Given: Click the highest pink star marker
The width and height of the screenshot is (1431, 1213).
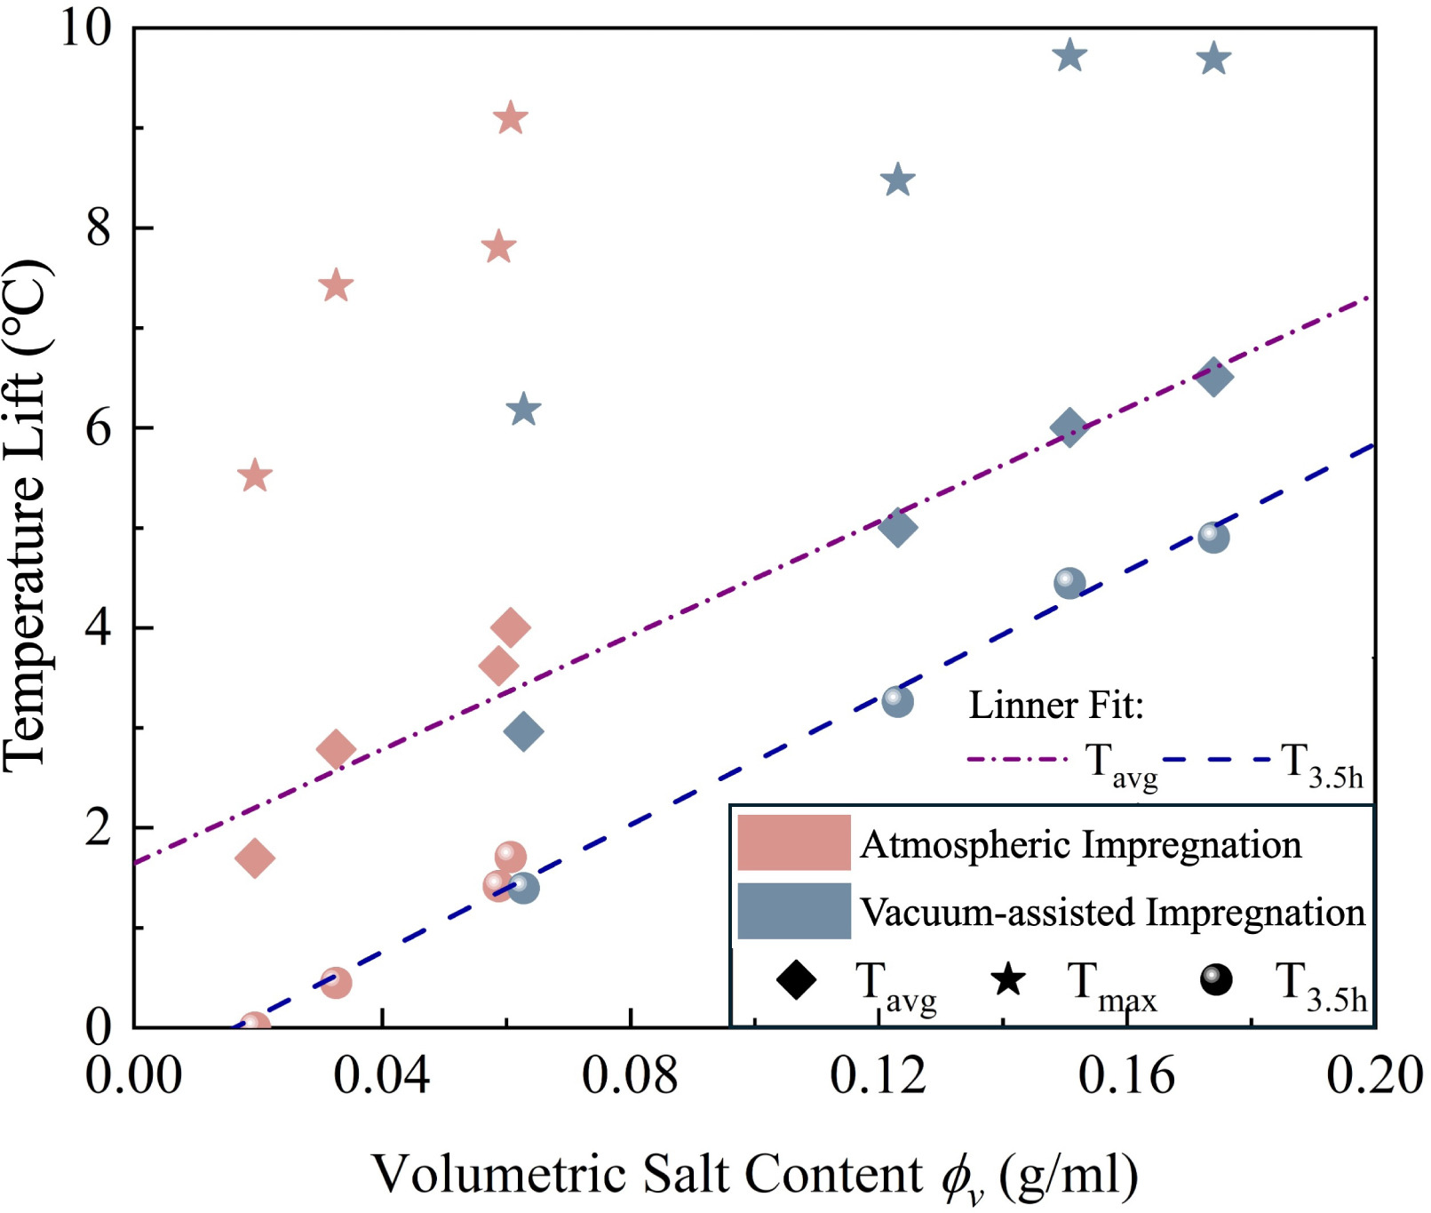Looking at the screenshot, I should click(510, 118).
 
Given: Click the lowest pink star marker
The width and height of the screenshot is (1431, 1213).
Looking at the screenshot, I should click(255, 476).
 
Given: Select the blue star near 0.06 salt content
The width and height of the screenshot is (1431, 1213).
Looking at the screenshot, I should click(523, 411).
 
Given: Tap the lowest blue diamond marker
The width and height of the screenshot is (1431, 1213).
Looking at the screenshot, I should click(523, 732).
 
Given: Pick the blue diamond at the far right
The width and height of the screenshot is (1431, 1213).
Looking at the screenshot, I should click(1213, 377).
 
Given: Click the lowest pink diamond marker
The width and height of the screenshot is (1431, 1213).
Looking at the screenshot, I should click(255, 858).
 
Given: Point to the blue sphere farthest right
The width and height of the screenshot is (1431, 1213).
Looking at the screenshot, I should click(1213, 538).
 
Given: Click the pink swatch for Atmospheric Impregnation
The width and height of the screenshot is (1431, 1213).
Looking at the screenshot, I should click(793, 842).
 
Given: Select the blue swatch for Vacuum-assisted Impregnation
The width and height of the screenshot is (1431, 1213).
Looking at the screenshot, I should click(793, 911).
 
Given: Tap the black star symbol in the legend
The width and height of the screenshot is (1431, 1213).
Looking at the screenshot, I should click(1008, 980).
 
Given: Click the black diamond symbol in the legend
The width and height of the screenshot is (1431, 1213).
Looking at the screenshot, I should click(796, 980).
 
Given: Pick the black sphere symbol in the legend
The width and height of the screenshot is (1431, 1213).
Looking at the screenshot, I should click(1216, 980).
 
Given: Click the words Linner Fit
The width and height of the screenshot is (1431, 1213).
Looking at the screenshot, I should click(1055, 706).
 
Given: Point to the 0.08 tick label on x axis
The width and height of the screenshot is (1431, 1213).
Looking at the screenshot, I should click(630, 1075).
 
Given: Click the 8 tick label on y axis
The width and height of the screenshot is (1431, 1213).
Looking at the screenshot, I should click(99, 228).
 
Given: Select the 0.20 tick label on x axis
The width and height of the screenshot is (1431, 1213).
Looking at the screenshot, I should click(1373, 1075).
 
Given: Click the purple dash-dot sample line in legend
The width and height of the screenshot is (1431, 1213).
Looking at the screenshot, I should click(1017, 760).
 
